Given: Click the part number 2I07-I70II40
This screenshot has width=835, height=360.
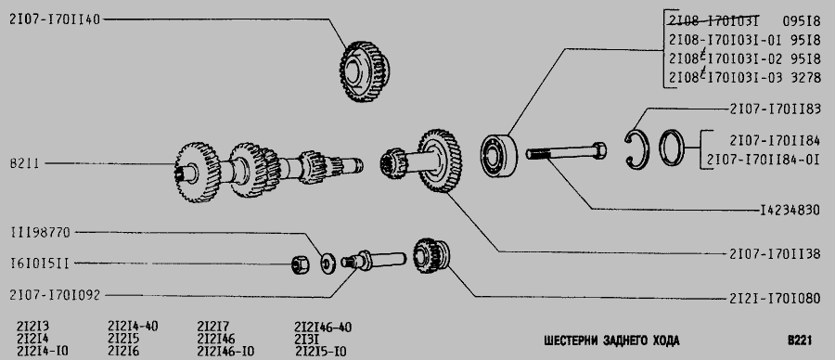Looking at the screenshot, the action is [x=55, y=19].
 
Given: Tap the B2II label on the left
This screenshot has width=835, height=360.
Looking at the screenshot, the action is [x=24, y=163].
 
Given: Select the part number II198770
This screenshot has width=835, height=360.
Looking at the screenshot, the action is [x=40, y=232].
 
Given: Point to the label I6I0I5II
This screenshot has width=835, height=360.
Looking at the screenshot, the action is [x=39, y=264].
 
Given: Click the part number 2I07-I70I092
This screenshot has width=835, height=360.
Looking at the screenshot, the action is [x=55, y=294].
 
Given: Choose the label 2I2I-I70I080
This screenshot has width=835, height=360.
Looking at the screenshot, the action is [x=775, y=298].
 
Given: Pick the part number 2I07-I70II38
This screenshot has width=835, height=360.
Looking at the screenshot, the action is [x=775, y=254].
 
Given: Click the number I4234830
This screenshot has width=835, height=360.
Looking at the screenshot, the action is [x=790, y=211].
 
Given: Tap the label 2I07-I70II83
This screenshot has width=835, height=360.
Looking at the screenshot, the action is [x=775, y=109].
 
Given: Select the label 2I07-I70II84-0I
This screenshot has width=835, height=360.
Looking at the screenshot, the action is [x=764, y=160].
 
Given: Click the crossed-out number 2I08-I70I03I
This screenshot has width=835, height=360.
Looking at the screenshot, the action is [x=713, y=21].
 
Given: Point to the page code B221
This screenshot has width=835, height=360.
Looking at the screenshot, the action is [x=800, y=341].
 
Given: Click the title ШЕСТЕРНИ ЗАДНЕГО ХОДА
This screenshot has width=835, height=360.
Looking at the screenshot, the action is [x=612, y=341].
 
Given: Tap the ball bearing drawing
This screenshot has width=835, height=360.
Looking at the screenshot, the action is [x=499, y=156].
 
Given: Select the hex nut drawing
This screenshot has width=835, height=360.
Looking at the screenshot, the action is [x=301, y=264].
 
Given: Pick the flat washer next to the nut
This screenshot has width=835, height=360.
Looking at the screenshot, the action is [x=328, y=264].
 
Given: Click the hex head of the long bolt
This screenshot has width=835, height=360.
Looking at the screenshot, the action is [x=599, y=150].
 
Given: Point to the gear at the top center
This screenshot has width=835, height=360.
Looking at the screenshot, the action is [x=365, y=71].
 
